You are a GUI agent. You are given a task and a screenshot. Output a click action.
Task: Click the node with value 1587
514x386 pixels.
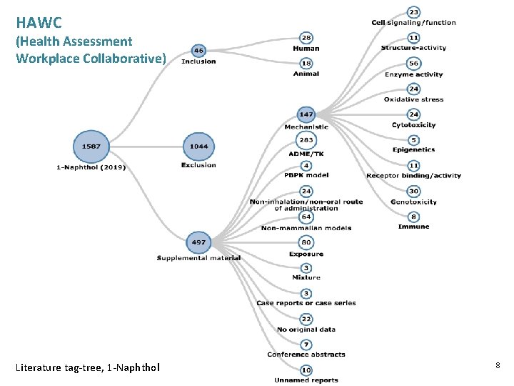point(91,146)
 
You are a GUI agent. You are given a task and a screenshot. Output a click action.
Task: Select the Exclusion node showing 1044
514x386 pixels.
point(198,146)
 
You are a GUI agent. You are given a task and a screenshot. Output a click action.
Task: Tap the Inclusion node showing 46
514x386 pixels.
point(198,51)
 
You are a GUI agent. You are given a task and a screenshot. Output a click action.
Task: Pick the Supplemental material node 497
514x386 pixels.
point(198,242)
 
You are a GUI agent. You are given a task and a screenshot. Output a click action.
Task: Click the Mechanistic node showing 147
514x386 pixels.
point(306,114)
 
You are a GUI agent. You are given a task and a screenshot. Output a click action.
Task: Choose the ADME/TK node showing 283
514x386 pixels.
point(306,141)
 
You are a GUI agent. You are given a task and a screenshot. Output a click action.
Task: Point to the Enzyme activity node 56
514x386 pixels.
point(413,63)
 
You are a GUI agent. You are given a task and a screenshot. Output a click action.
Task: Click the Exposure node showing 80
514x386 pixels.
point(306,242)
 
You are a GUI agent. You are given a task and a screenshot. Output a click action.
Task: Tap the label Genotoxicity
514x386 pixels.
point(413,202)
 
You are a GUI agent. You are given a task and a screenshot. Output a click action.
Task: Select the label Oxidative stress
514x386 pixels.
point(413,100)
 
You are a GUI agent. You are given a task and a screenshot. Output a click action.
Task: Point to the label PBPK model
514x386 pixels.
point(306,176)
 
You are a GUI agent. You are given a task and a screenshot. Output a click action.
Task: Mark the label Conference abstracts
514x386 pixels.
point(306,355)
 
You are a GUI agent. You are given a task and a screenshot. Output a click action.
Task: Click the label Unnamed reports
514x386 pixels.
point(306,380)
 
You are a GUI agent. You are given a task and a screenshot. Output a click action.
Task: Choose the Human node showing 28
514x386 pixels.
point(306,37)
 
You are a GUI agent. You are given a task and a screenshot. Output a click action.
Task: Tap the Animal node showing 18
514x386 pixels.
point(306,64)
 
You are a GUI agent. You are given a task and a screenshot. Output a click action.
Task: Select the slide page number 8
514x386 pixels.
point(498,366)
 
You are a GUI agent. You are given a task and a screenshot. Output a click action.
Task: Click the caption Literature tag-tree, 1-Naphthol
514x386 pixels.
point(88,367)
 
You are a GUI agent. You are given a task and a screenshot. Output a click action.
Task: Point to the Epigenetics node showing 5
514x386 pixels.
point(413,140)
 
